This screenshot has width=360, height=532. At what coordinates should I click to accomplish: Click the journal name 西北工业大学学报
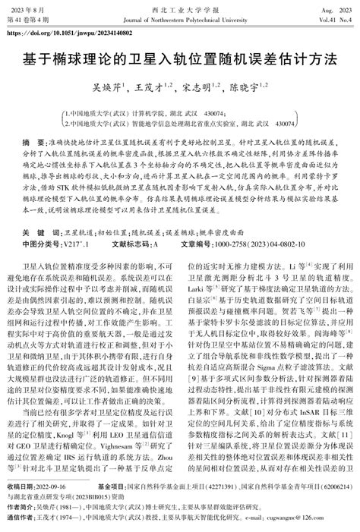click(179, 6)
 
